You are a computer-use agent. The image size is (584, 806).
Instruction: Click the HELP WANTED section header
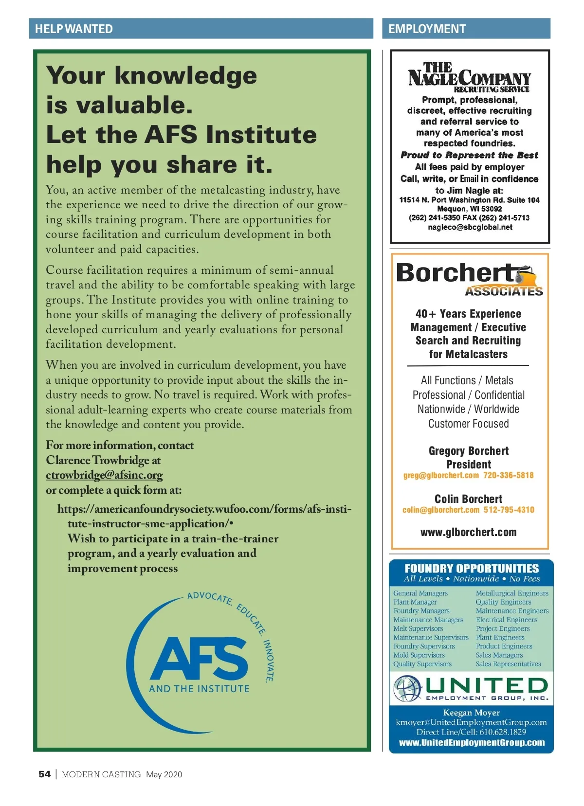click(74, 29)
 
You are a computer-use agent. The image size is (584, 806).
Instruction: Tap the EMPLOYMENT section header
click(427, 29)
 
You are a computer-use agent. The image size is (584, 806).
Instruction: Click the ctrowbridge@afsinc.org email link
click(104, 475)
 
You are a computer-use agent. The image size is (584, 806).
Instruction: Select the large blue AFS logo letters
click(199, 659)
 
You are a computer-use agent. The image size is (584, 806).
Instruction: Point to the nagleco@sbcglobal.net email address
click(470, 227)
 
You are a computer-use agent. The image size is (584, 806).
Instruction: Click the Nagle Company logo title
click(469, 76)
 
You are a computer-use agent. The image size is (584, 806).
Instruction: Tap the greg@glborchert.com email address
click(441, 475)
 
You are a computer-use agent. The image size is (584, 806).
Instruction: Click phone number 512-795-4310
click(509, 510)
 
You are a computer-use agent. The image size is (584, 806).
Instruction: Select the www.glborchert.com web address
click(469, 532)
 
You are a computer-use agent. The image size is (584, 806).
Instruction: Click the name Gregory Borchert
click(469, 451)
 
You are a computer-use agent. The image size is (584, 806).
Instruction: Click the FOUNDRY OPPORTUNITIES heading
click(472, 569)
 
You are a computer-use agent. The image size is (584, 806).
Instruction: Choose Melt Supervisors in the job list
click(418, 628)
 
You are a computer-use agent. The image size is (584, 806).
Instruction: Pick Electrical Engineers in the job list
click(507, 620)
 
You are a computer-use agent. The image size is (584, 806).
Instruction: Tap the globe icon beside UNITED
click(407, 688)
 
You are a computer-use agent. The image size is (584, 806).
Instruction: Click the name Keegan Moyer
click(471, 713)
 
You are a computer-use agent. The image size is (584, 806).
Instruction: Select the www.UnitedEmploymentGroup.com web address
click(472, 743)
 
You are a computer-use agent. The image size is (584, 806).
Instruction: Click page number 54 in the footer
click(44, 774)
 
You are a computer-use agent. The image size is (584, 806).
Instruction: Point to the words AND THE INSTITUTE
click(199, 689)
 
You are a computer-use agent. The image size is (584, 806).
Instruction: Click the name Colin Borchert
click(469, 499)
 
